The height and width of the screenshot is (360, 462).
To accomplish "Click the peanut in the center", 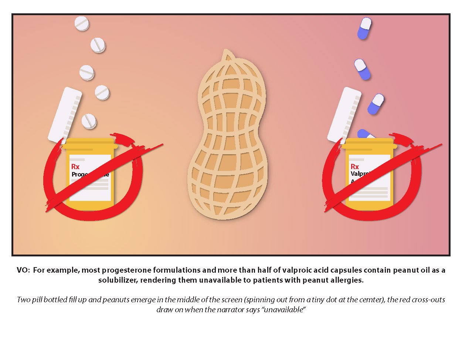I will (227, 141).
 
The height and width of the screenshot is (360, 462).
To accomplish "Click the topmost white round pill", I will (82, 24).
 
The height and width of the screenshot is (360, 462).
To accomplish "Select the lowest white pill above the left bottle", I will (89, 121).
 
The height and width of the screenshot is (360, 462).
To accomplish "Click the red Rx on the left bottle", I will (75, 167).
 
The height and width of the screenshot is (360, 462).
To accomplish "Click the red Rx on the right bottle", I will (355, 167).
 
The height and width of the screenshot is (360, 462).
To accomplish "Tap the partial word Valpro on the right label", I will (360, 174).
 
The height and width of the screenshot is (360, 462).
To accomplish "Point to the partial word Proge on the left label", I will (79, 174).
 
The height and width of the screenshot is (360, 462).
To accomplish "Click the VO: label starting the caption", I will (23, 270).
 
